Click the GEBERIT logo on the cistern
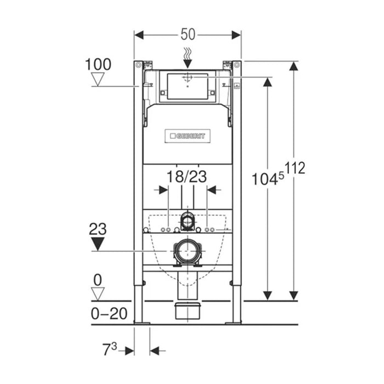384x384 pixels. coord(187,135)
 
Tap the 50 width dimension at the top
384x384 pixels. coord(188,35)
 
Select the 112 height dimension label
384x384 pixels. coord(294,168)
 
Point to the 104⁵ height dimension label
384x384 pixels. coord(267,179)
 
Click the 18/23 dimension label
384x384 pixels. coord(188,177)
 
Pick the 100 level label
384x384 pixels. coord(98,64)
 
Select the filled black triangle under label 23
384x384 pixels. coord(98,244)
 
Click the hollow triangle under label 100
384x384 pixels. coord(98,80)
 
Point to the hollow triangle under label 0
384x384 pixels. coord(98,294)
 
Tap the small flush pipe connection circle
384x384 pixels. coord(188,221)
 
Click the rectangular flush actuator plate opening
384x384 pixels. coord(188,87)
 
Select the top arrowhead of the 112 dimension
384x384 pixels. coord(294,66)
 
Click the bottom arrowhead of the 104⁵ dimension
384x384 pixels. coord(267,295)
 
